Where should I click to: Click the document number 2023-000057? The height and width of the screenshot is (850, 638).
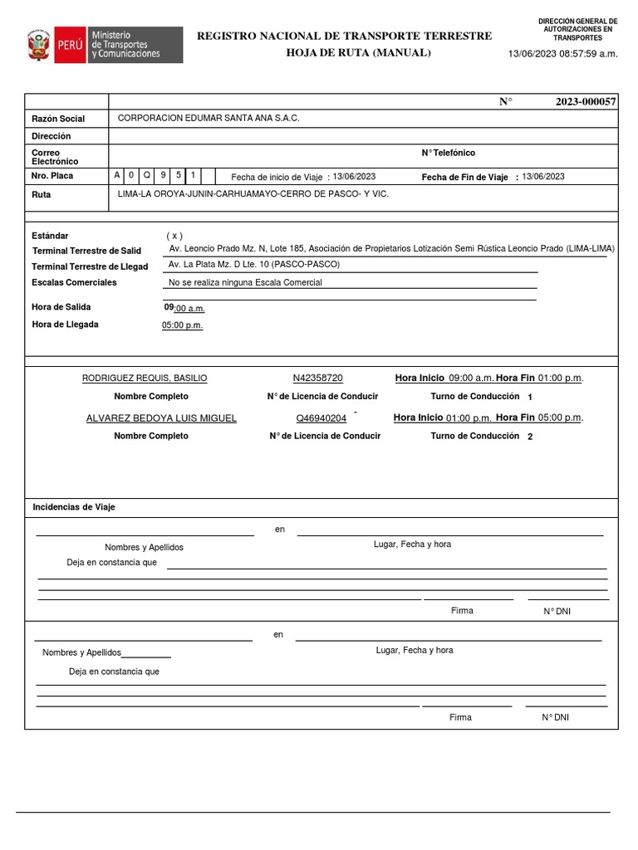[x=586, y=101]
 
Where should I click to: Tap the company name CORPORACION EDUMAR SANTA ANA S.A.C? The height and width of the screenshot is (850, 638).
[x=209, y=119]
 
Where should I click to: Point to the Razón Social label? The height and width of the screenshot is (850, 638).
[x=58, y=120]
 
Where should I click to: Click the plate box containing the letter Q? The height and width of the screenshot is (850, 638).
[x=147, y=175]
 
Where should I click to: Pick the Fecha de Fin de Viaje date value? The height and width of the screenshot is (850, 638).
[x=543, y=176]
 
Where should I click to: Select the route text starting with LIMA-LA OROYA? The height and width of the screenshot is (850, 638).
[x=253, y=193]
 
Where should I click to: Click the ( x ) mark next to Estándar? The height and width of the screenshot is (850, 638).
[x=174, y=236]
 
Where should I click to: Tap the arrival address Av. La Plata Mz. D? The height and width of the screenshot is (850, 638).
[x=254, y=264]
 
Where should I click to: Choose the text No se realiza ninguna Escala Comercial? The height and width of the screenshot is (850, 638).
[x=245, y=282]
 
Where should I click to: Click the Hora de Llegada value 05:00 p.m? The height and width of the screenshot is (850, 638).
[x=183, y=325]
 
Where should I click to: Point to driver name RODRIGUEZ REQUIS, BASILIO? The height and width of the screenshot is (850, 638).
[x=145, y=378]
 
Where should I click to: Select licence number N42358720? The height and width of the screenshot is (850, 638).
[x=317, y=378]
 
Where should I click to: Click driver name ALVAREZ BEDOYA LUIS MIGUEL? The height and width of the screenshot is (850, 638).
[x=161, y=418]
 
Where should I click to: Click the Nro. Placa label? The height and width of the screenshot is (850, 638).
[x=52, y=177]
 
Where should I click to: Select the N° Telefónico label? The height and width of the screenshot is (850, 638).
[x=449, y=153]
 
